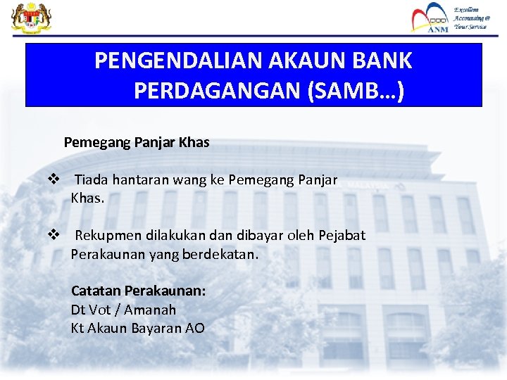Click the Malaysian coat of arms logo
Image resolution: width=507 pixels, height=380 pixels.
27,18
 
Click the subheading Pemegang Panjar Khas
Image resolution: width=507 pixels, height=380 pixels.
137,142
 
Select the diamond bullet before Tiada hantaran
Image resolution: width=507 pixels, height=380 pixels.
53,180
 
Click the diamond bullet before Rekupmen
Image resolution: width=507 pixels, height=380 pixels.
53,235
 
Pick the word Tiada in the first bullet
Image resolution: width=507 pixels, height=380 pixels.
92,180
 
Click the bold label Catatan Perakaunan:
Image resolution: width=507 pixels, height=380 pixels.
138,291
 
